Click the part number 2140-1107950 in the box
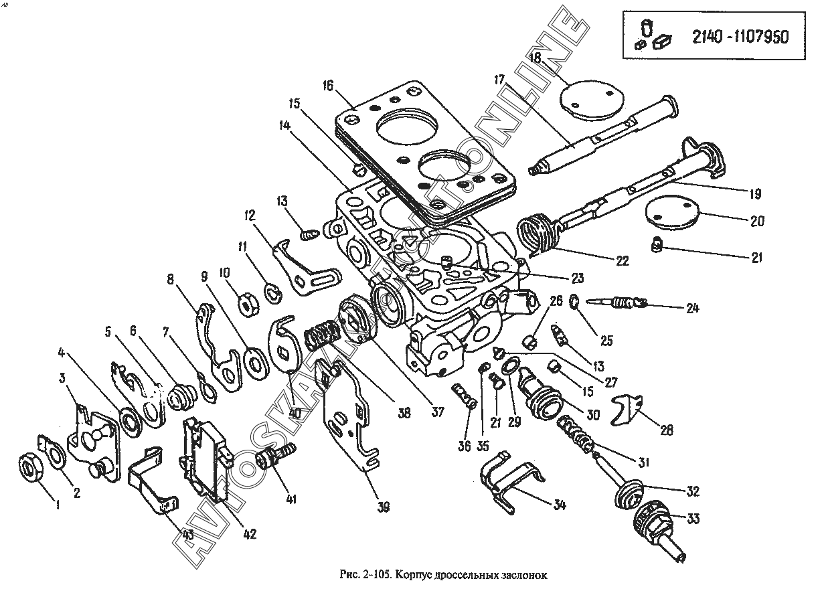point(740,37)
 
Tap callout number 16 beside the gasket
point(328,86)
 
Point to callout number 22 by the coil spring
point(623,260)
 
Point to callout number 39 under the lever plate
point(384,507)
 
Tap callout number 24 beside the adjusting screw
point(692,308)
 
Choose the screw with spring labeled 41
point(276,457)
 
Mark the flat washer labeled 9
point(256,363)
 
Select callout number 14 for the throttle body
point(284,126)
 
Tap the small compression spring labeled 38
point(319,335)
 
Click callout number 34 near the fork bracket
point(559,505)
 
